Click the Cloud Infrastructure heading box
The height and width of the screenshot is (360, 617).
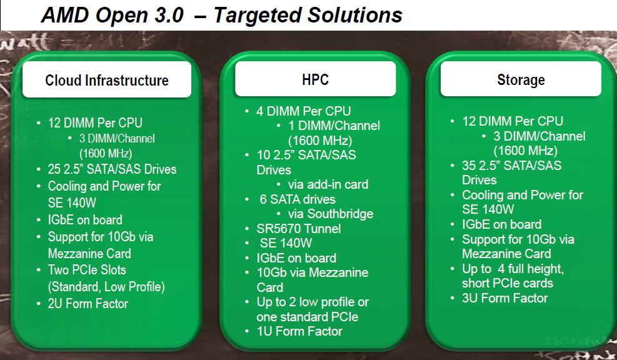107,79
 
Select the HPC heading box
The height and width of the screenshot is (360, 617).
316,79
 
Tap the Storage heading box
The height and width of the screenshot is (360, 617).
521,79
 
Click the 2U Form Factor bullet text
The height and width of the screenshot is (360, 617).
88,303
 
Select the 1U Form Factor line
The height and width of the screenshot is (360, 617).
299,331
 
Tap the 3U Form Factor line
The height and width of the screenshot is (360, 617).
505,298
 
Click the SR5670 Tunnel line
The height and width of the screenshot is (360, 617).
299,229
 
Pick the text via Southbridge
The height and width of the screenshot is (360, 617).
331,214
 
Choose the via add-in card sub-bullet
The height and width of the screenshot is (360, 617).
328,184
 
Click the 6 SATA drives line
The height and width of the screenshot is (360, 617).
298,199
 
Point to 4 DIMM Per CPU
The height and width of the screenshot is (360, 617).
303,111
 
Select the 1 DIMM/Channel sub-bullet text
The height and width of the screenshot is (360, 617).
334,126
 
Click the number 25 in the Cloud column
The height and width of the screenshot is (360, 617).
54,169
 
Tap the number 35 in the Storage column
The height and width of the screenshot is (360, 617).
469,165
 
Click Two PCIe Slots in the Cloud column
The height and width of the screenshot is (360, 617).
87,270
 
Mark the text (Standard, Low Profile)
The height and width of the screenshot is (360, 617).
106,286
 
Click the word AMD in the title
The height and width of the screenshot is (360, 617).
65,15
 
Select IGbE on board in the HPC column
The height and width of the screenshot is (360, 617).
296,258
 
